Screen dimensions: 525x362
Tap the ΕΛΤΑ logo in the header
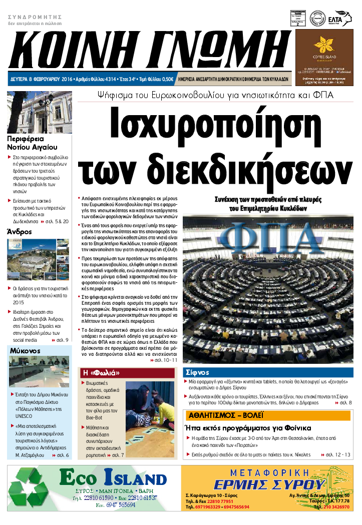click(x=342, y=17)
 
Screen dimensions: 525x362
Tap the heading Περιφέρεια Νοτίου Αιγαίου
click(x=33, y=143)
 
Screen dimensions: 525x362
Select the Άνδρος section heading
click(x=20, y=232)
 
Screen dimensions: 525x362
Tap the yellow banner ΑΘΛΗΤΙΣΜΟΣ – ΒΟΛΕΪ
click(x=226, y=415)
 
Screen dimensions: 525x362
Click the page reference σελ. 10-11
click(x=166, y=360)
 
